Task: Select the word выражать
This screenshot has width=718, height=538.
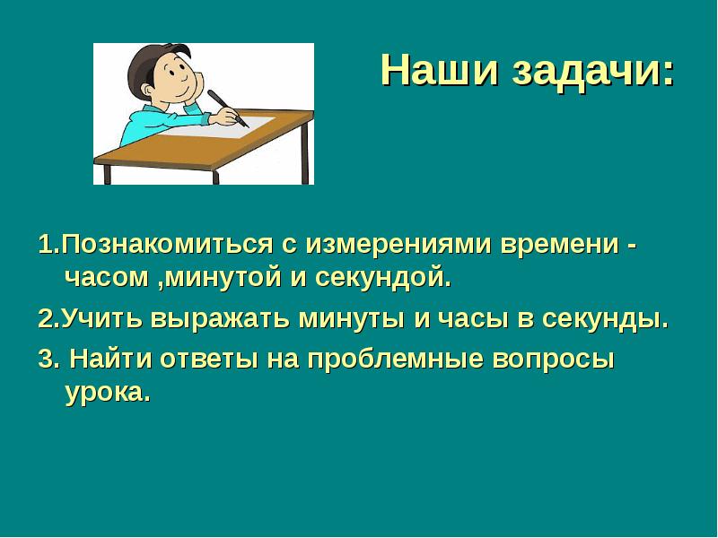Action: click(210, 321)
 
